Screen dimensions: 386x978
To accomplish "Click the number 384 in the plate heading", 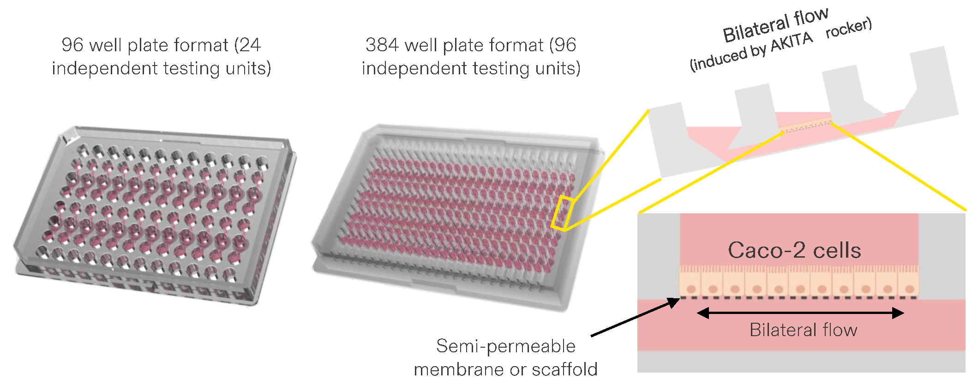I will pyautogui.click(x=382, y=45).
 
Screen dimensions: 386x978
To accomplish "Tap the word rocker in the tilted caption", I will pyautogui.click(x=848, y=27).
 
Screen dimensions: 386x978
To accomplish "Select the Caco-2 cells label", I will pyautogui.click(x=794, y=250).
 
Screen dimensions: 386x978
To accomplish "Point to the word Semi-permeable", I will pyautogui.click(x=505, y=346).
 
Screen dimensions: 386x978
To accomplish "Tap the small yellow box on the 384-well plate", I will pyautogui.click(x=562, y=213).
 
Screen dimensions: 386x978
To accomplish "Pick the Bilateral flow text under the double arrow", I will pyautogui.click(x=803, y=330).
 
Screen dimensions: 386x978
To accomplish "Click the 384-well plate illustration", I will pyautogui.click(x=457, y=212).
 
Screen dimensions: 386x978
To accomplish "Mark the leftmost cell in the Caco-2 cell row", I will pyautogui.click(x=690, y=282).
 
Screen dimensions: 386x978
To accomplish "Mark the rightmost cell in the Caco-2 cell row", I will pyautogui.click(x=908, y=282).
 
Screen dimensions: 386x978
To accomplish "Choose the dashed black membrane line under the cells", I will pyautogui.click(x=798, y=298).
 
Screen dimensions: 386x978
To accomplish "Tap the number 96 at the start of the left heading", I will pyautogui.click(x=72, y=45).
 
